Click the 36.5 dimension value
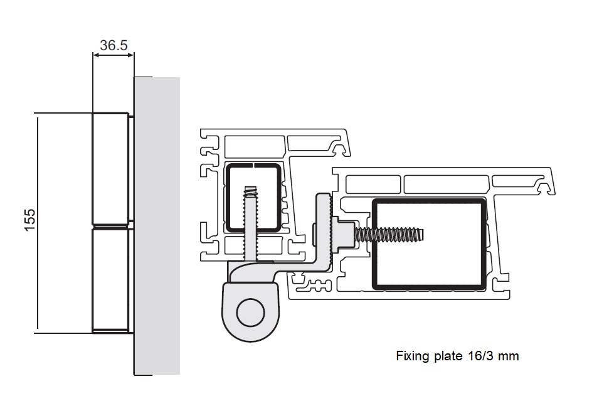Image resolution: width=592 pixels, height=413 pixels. [114, 45]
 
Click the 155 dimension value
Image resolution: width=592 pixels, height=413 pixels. [29, 221]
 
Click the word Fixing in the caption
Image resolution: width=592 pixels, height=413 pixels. [411, 357]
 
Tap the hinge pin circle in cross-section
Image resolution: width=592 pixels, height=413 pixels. [250, 312]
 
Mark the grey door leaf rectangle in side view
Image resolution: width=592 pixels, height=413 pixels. [157, 226]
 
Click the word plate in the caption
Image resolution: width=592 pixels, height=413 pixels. [448, 357]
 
